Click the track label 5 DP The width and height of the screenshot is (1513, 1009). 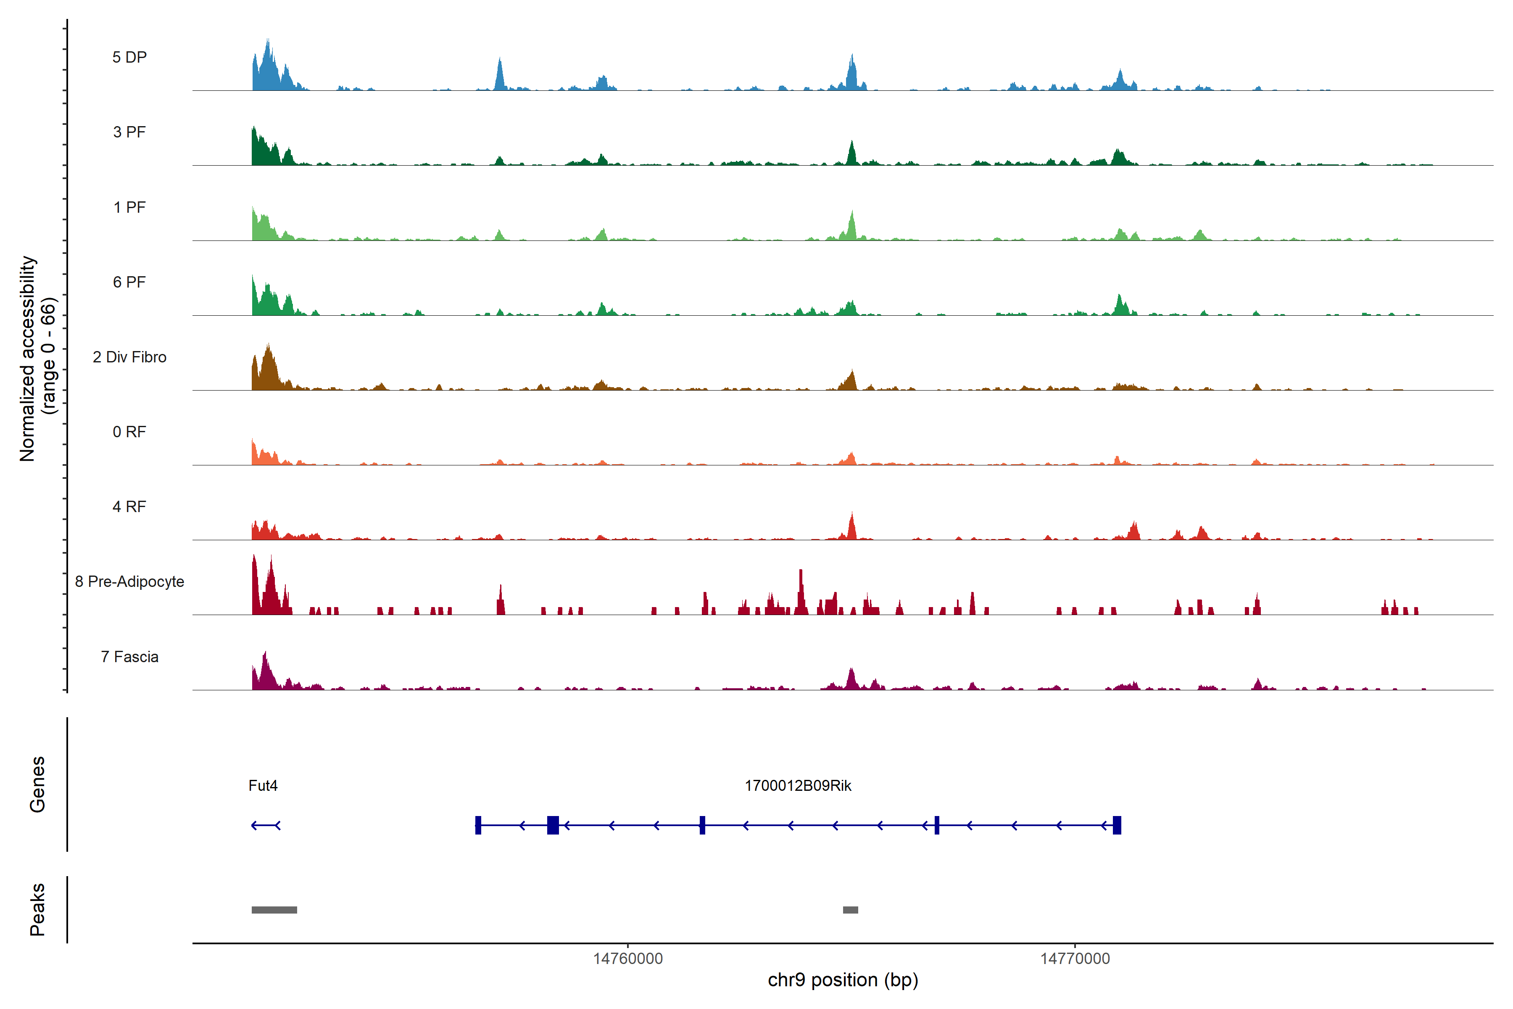[x=129, y=57]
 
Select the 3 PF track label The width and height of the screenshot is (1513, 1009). [x=129, y=132]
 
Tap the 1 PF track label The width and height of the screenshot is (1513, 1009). [x=129, y=207]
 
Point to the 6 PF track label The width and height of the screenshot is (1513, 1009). [x=129, y=282]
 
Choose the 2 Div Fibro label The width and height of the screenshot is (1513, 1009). [x=129, y=357]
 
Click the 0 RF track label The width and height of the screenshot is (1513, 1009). [x=129, y=432]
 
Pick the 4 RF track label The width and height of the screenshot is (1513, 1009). [x=129, y=507]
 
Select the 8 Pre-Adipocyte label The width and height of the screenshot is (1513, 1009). [x=129, y=582]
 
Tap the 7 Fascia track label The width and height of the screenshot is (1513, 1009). [x=129, y=656]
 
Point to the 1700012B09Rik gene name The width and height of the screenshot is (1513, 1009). [x=798, y=786]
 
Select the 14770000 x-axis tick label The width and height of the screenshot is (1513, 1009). [x=1075, y=959]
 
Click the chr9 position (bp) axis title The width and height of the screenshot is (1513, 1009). [x=843, y=980]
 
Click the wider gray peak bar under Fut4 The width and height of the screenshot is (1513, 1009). [x=274, y=910]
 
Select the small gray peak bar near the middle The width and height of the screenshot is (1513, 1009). [x=850, y=910]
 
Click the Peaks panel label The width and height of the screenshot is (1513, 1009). [x=37, y=909]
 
